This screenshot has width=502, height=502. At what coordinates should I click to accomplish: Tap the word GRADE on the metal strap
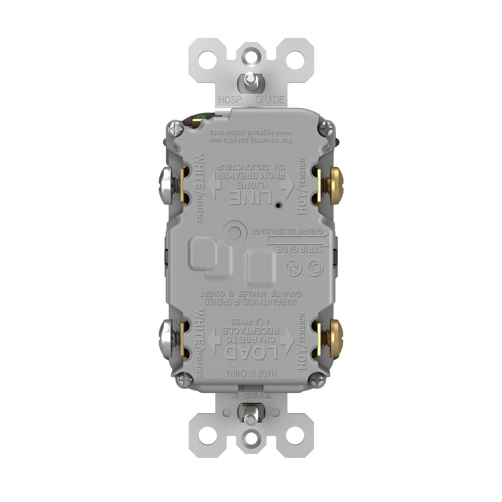270,100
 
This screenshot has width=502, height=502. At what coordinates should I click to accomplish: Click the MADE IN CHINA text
251,373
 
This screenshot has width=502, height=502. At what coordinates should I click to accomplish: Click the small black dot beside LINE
278,205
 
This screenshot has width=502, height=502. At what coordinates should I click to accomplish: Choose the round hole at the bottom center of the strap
251,435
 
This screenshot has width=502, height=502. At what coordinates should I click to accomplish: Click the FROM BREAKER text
251,175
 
